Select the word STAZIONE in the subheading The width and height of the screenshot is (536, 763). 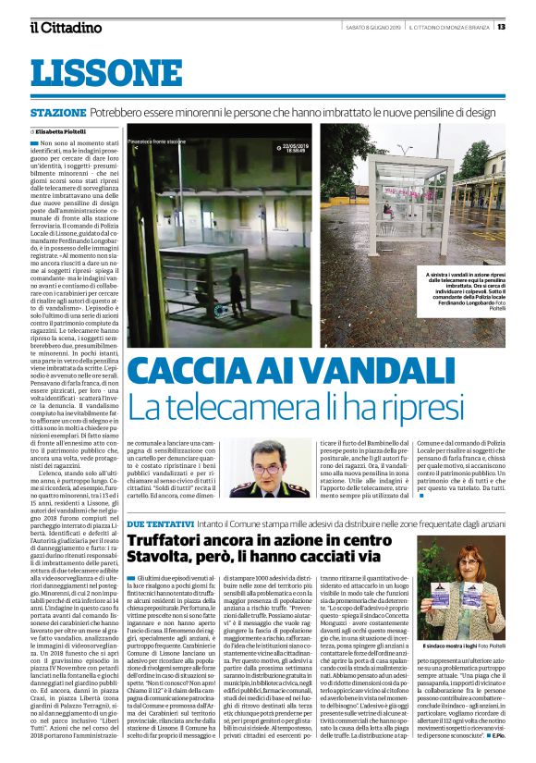pyautogui.click(x=58, y=111)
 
